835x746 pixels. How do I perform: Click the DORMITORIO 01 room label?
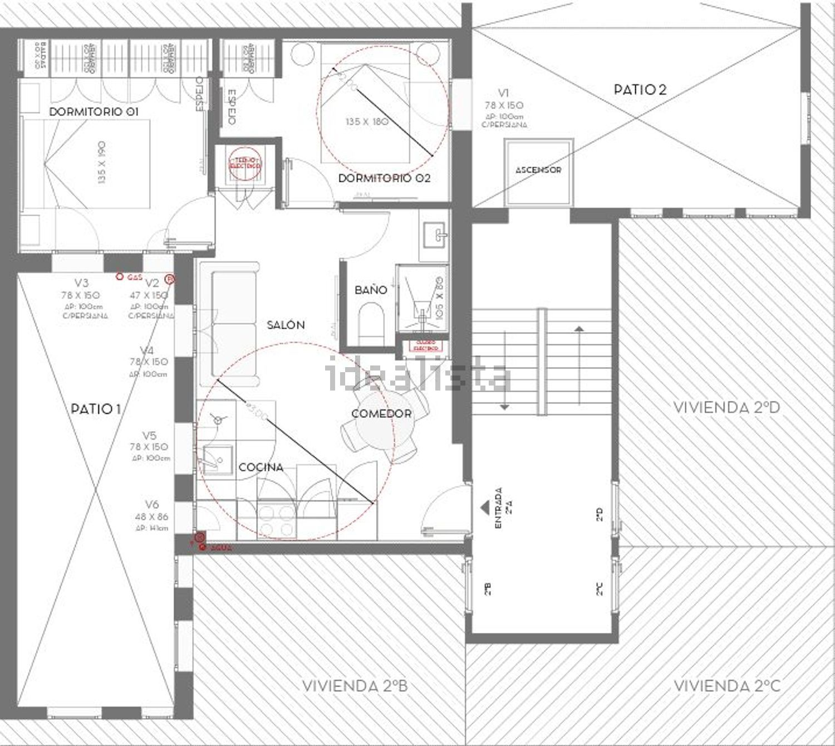tap(94, 111)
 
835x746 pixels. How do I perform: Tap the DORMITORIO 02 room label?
tap(384, 178)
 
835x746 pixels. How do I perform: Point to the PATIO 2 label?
tap(640, 89)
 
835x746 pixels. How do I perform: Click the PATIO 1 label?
tap(96, 409)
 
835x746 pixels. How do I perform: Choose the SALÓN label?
tap(286, 325)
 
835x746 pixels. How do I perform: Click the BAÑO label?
tap(371, 290)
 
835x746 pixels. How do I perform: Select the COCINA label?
tap(261, 467)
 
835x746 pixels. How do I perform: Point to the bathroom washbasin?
tap(435, 235)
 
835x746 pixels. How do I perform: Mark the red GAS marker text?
tap(135, 277)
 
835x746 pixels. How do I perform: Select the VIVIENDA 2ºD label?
tap(726, 407)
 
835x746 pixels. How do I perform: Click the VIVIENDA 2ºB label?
tap(355, 685)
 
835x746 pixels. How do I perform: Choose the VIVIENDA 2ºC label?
tap(726, 685)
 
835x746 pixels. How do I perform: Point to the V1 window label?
tap(503, 93)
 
